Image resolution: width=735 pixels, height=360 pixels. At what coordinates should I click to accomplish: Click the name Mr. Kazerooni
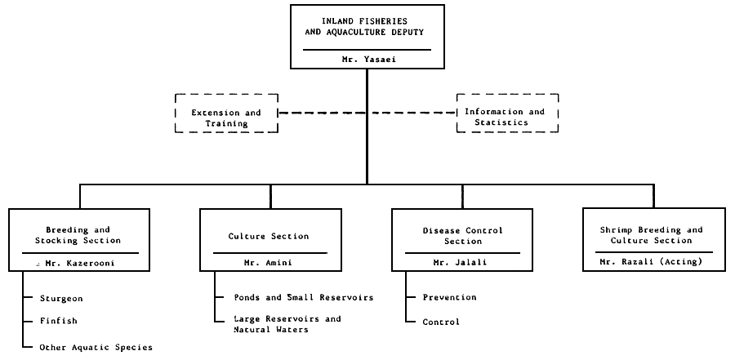click(x=84, y=263)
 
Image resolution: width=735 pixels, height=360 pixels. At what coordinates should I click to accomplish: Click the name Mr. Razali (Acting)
click(x=653, y=263)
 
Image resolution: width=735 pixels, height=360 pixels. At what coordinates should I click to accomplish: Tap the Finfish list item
click(x=59, y=322)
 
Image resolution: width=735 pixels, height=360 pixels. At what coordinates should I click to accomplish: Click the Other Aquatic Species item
click(x=96, y=347)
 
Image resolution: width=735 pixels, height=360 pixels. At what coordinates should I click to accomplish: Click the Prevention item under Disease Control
click(x=449, y=297)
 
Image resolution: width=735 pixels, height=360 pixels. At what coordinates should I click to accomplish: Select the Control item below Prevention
click(x=441, y=322)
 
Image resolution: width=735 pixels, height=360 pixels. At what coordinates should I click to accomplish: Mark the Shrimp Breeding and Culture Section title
click(x=653, y=235)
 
